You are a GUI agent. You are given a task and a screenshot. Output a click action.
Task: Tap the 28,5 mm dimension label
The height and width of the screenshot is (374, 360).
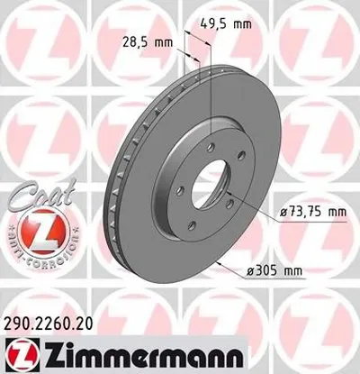coord(147,42)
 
